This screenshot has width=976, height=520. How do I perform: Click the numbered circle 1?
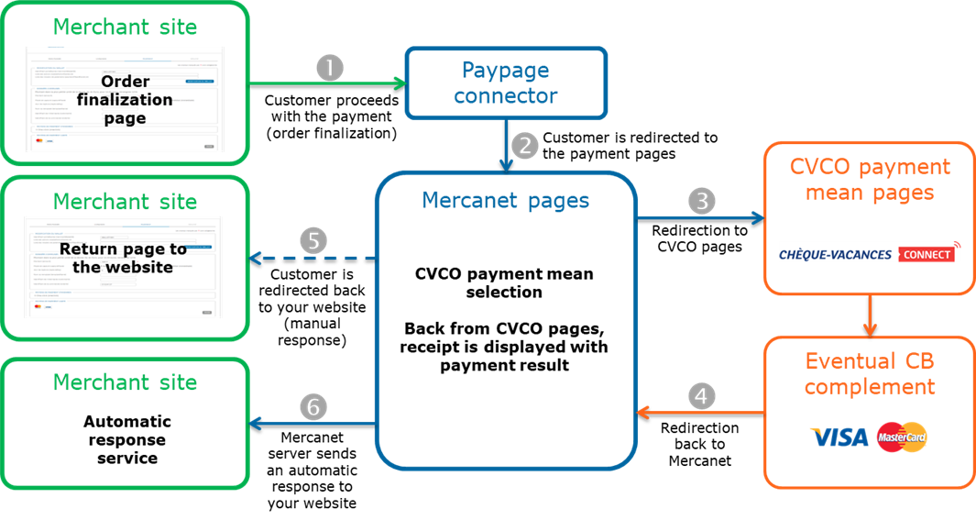[x=329, y=68]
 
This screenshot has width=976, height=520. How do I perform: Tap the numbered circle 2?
[x=523, y=146]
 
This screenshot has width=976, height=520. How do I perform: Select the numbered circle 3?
[x=701, y=201]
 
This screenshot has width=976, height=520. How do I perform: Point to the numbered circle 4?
[x=701, y=397]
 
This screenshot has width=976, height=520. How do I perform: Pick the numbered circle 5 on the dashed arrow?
[x=313, y=241]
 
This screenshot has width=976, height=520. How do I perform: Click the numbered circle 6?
[x=313, y=407]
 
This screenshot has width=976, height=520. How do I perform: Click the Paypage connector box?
[x=506, y=83]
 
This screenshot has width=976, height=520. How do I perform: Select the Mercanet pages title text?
[x=505, y=199]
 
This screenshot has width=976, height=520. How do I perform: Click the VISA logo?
[x=838, y=437]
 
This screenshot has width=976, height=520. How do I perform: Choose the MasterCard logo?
[x=902, y=437]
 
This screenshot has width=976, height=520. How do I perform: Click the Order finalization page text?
[x=125, y=100]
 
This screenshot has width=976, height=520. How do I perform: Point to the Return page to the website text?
[x=124, y=258]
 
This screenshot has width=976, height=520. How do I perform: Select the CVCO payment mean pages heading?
[x=870, y=179]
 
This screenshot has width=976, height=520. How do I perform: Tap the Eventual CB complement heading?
[x=870, y=373]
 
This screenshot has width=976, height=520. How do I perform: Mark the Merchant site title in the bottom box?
[x=125, y=382]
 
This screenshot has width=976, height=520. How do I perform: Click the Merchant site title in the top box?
[x=125, y=27]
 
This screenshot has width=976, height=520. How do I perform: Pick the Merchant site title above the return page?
[x=125, y=201]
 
